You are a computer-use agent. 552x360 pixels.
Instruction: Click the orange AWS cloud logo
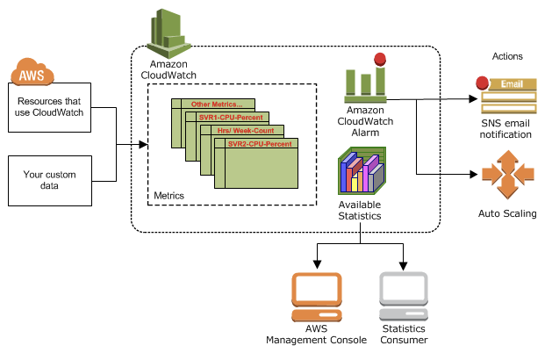click(x=32, y=72)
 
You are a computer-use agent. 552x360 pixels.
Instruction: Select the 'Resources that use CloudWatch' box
click(x=50, y=107)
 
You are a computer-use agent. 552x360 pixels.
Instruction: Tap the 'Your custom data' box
click(x=50, y=181)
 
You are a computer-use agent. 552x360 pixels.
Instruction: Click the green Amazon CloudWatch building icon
click(x=168, y=33)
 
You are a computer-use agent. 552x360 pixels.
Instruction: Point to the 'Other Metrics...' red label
click(x=217, y=104)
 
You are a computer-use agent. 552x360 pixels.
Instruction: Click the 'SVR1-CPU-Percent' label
click(x=231, y=118)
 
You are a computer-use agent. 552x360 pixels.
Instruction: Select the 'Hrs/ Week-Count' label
click(x=246, y=131)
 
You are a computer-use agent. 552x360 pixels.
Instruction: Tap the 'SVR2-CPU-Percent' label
click(x=260, y=144)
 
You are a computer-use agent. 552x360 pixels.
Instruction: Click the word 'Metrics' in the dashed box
click(x=169, y=196)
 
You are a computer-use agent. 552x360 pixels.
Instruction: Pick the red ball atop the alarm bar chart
click(x=380, y=59)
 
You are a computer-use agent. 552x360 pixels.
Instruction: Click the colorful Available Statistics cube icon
click(x=362, y=171)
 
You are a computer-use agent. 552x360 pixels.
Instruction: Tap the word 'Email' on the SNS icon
click(x=512, y=83)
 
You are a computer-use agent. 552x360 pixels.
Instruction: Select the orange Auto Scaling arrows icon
click(x=508, y=175)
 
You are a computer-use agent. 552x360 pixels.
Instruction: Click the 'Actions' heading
click(x=507, y=56)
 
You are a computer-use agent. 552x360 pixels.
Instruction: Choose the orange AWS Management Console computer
click(x=317, y=297)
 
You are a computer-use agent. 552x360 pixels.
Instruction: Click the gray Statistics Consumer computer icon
click(x=404, y=296)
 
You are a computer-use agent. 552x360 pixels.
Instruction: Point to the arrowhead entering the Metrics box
click(x=143, y=144)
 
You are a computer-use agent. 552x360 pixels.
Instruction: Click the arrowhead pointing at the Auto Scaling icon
click(x=474, y=174)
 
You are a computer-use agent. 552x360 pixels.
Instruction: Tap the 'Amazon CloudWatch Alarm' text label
click(x=365, y=121)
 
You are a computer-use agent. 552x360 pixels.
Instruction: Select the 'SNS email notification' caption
click(x=505, y=129)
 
